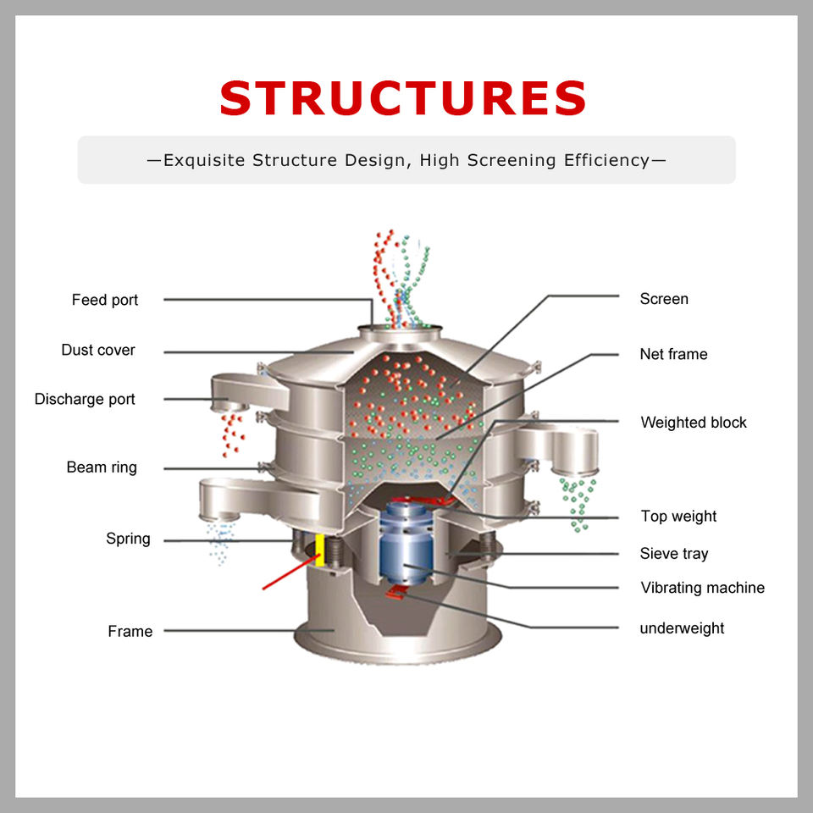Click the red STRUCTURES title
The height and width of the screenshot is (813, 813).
tap(403, 98)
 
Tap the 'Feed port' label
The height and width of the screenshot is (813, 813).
tap(105, 300)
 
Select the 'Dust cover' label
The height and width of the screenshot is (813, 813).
tap(98, 350)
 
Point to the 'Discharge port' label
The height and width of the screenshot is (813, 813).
tap(85, 399)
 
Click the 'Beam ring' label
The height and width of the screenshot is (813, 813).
tap(102, 467)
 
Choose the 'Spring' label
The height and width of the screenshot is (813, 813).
tap(128, 539)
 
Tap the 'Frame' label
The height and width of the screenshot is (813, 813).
tap(130, 631)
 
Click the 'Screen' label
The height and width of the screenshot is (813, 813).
tap(664, 299)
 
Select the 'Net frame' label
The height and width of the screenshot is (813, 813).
tap(673, 354)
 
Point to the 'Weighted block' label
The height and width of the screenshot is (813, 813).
tap(694, 423)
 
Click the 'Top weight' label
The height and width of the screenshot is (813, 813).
tap(678, 516)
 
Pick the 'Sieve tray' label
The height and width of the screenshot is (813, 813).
tap(674, 554)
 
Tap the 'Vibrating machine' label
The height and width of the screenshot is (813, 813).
tap(702, 588)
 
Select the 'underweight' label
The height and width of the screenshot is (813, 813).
tap(682, 628)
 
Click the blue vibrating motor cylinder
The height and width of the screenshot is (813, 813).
tap(406, 545)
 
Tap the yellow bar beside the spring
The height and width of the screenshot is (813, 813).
tap(321, 550)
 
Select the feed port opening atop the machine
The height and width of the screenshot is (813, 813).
tap(400, 328)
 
